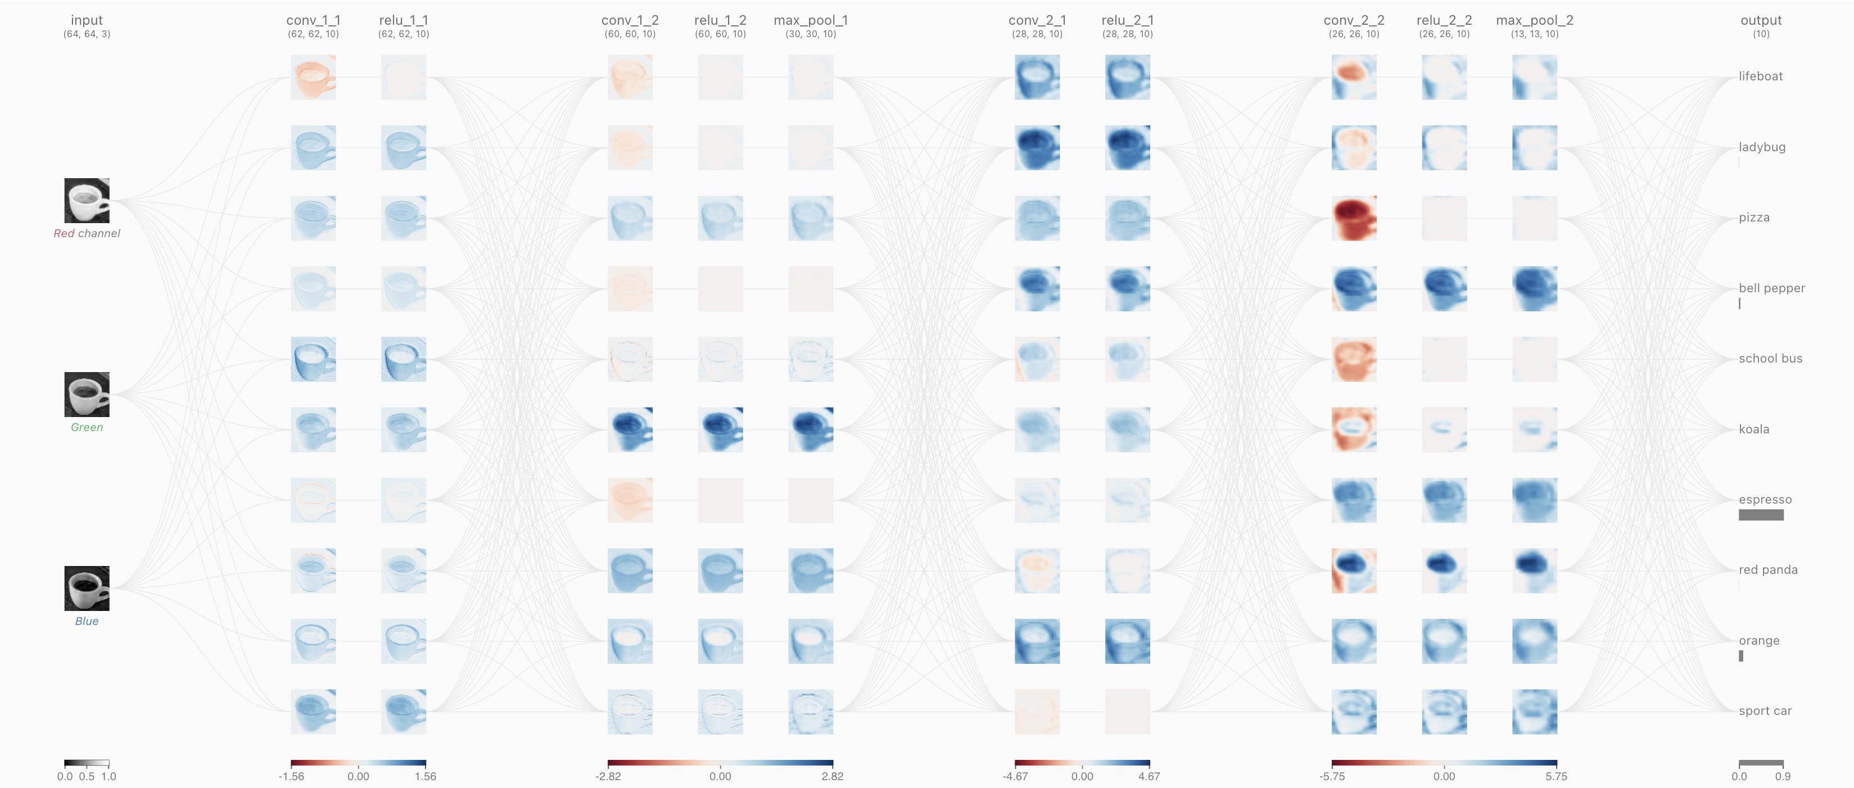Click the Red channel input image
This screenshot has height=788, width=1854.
tap(87, 201)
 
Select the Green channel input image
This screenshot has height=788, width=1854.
tap(87, 395)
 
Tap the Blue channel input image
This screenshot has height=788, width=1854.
tap(87, 588)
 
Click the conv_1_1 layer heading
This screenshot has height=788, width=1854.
tap(313, 20)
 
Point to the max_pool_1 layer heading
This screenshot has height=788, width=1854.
tap(811, 20)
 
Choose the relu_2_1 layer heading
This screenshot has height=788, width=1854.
tap(1127, 20)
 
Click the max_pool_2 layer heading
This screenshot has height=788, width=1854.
tap(1535, 20)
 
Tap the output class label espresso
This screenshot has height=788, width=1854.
tap(1765, 500)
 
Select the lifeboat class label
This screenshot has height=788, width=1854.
tap(1761, 76)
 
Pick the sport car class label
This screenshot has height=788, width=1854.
tap(1765, 711)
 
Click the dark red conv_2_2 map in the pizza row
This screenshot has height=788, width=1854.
tap(1354, 218)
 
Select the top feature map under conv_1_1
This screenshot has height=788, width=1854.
tap(313, 77)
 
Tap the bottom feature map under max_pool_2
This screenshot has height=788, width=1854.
tap(1535, 712)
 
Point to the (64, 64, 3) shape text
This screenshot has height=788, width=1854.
tap(87, 34)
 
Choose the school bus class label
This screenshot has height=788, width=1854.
tap(1770, 359)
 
